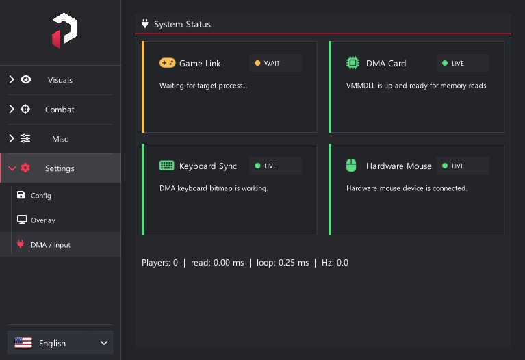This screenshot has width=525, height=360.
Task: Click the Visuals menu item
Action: (60, 80)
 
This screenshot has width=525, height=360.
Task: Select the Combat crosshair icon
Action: (25, 110)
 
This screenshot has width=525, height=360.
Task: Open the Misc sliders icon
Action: (25, 138)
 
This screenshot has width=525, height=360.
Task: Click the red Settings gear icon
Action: (25, 168)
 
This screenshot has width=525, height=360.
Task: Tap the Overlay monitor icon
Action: (22, 220)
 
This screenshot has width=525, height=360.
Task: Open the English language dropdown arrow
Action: (104, 343)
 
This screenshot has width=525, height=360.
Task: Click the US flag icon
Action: (23, 343)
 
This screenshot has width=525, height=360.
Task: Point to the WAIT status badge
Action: (275, 63)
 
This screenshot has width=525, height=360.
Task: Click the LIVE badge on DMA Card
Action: (463, 63)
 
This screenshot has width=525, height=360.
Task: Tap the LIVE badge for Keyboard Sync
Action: (275, 166)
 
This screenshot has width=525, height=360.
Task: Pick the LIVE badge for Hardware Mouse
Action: (463, 166)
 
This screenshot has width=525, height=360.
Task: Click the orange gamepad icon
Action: (168, 63)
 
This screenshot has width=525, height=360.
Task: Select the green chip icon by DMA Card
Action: (353, 63)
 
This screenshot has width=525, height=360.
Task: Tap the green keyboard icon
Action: (167, 166)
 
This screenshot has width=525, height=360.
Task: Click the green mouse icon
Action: (351, 166)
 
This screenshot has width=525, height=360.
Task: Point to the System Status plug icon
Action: (145, 24)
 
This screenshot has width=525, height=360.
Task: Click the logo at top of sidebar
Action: (64, 31)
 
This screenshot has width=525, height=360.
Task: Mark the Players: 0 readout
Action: (159, 263)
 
